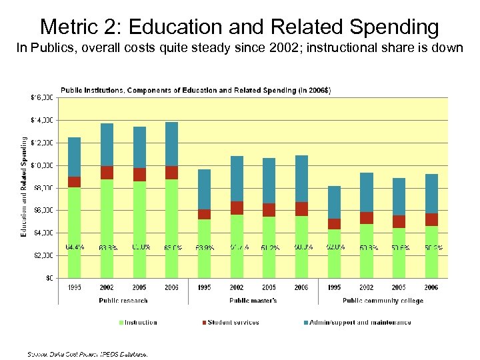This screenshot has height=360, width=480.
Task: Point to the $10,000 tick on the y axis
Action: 43,165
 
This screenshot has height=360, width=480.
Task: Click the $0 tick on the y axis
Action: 49,278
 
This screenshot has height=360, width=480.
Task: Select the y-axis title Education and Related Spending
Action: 24,187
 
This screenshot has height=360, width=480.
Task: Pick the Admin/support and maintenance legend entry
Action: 360,323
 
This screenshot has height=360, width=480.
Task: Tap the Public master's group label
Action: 253,301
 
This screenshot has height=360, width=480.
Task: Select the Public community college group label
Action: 383,301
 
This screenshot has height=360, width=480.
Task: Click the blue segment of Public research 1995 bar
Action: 74,157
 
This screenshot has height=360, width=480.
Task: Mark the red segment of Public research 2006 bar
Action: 171,173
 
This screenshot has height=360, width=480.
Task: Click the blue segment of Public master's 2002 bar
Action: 237,179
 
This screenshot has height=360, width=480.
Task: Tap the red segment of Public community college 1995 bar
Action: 334,224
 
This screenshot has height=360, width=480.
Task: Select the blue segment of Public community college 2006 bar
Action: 431,193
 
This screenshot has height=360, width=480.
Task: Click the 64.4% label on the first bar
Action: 74,247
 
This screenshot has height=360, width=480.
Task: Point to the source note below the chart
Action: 87,353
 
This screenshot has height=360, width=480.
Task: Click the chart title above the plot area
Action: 195,90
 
